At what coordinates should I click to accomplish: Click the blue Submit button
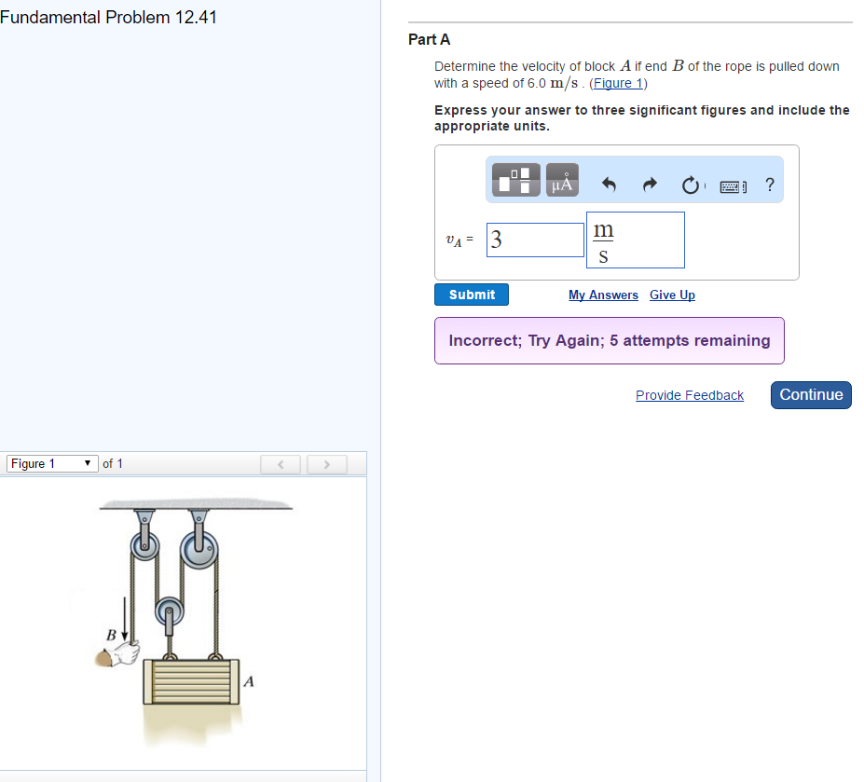click(x=472, y=295)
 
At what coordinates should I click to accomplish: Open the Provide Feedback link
click(x=689, y=395)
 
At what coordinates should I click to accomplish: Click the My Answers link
click(x=603, y=295)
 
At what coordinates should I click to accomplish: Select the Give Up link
click(x=672, y=295)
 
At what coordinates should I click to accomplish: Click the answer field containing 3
click(x=535, y=240)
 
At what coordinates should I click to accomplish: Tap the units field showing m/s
click(x=635, y=240)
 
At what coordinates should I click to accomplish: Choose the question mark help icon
click(x=769, y=185)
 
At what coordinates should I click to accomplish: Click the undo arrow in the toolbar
click(x=610, y=185)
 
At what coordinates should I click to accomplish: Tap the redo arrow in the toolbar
click(x=650, y=185)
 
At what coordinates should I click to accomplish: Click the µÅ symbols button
click(x=562, y=180)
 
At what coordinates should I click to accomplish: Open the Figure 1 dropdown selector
click(x=52, y=463)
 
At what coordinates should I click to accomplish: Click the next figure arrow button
click(x=327, y=463)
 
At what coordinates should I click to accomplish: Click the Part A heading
click(x=429, y=39)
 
